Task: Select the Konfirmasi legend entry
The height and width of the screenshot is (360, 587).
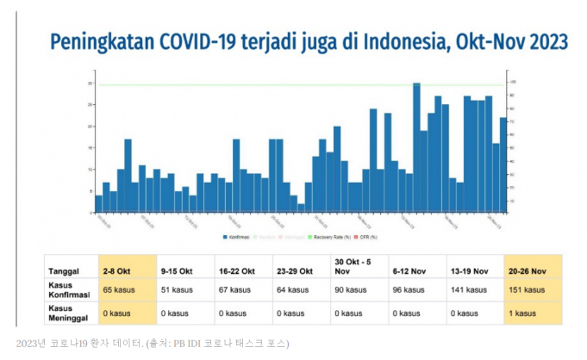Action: pyautogui.click(x=237, y=235)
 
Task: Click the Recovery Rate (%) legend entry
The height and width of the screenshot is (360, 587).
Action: pyautogui.click(x=330, y=235)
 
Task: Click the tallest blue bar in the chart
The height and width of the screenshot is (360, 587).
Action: pyautogui.click(x=416, y=146)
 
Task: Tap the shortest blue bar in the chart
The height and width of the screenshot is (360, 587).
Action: pyautogui.click(x=301, y=208)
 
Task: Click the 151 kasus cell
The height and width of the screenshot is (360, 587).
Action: pyautogui.click(x=527, y=290)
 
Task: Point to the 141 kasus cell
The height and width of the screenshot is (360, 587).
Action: pyautogui.click(x=469, y=290)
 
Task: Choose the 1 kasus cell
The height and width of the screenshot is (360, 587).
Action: pyautogui.click(x=523, y=313)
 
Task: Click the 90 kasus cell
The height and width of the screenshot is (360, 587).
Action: pyautogui.click(x=351, y=290)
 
